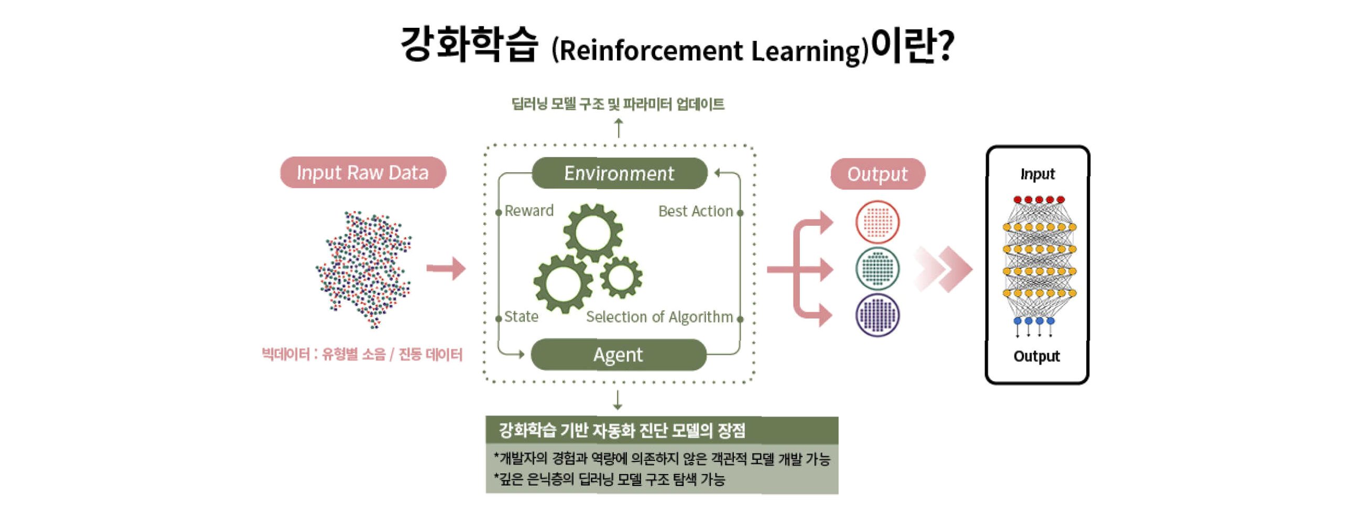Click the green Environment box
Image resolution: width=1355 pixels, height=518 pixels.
tap(619, 173)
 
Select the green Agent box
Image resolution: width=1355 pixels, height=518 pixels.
tap(618, 354)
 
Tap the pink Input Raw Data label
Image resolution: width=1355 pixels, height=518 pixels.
tap(362, 173)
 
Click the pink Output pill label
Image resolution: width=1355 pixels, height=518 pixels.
tap(877, 174)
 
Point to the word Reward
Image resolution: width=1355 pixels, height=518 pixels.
tap(529, 210)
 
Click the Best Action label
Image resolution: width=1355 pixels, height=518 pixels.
tap(695, 211)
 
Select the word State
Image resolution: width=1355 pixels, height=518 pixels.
tap(521, 316)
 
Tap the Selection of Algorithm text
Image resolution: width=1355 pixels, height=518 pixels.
tap(659, 317)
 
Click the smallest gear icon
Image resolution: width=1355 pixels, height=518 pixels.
tap(621, 277)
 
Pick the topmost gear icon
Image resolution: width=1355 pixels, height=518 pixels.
tap(593, 232)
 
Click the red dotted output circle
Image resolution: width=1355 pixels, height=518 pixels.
tap(877, 221)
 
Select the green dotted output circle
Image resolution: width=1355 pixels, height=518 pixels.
tap(877, 269)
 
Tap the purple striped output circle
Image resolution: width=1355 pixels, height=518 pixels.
tap(877, 315)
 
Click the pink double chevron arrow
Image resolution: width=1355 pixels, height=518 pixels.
tap(944, 269)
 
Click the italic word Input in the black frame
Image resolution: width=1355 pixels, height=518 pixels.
tap(1037, 174)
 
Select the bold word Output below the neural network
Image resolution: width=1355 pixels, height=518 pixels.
tap(1036, 356)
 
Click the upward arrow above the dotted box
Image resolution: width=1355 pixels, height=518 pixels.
tap(619, 128)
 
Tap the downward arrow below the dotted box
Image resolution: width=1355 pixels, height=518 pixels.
tap(617, 400)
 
